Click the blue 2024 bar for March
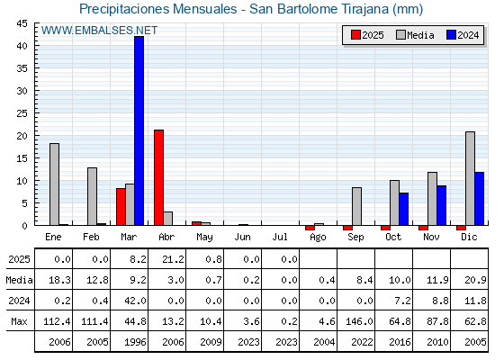tap(139, 130)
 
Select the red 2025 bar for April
tap(158, 178)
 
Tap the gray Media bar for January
tap(54, 184)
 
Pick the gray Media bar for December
tap(470, 179)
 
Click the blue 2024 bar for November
tap(442, 205)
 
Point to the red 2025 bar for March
tap(121, 207)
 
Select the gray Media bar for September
tap(356, 206)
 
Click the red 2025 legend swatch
tap(355, 35)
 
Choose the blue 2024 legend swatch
tap(451, 35)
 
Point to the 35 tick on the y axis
tap(22, 68)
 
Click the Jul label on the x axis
tap(280, 238)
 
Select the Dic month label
tap(469, 238)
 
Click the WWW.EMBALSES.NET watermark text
tap(99, 31)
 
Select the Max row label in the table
tap(19, 321)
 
